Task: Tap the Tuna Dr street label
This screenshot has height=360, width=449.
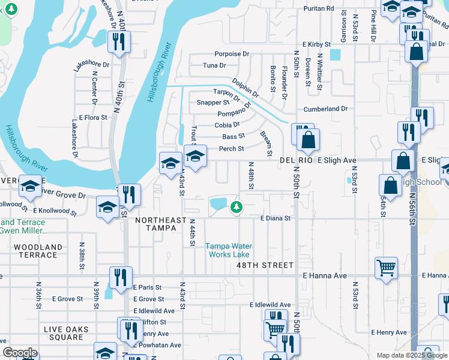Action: pos(214,65)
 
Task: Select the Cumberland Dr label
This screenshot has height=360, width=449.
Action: pos(326,109)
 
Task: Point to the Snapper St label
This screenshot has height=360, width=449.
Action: pos(213,103)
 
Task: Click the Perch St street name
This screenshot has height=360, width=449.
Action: pos(231,149)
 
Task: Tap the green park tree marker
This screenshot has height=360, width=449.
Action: pos(237,208)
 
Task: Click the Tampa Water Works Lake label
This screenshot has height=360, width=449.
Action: pos(229,250)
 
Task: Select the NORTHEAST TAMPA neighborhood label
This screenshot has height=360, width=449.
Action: pos(161,221)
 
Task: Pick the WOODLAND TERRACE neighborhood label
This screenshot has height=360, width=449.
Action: pos(38,251)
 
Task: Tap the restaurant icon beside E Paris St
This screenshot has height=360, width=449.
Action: pos(121,277)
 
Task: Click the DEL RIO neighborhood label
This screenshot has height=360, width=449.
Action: pos(297,161)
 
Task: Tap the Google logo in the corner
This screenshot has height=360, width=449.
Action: pos(20,353)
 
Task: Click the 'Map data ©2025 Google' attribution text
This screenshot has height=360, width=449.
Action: pos(411,355)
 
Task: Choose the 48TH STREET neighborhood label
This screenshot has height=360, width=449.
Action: pos(265,265)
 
